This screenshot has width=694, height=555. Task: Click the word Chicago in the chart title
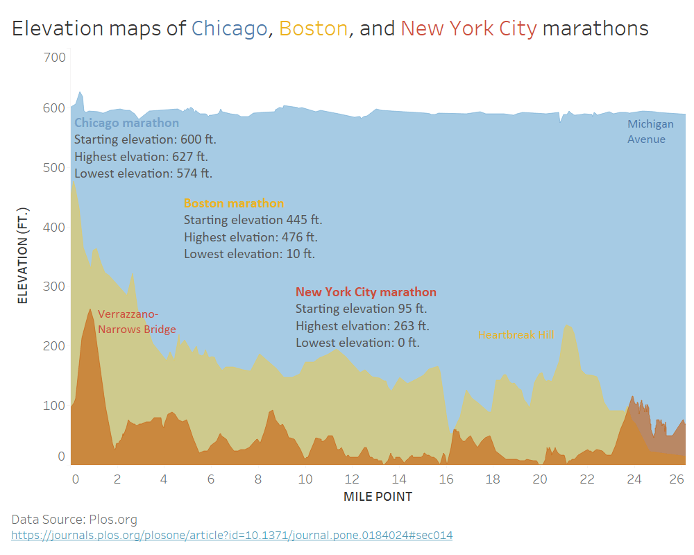229,28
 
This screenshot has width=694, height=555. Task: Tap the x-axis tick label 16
446,479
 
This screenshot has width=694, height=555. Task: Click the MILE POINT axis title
378,497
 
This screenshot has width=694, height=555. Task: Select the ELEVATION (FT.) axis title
23,255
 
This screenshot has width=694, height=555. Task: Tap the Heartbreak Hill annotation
516,335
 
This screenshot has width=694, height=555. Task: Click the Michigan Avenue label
650,132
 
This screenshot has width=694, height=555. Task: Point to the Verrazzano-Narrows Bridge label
137,322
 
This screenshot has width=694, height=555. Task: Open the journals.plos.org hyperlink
232,535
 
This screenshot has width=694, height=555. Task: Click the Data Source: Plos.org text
74,519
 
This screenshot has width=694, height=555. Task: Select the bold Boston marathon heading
234,203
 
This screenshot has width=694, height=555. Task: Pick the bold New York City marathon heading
366,292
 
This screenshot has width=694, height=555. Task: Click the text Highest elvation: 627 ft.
141,156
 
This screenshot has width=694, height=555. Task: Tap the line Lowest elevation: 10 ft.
249,254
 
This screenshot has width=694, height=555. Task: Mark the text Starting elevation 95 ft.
361,309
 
